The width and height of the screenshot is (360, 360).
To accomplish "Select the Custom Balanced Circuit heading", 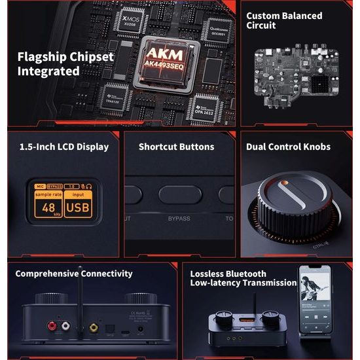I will pos(284,20).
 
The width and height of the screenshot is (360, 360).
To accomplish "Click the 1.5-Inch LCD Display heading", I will pos(64,147).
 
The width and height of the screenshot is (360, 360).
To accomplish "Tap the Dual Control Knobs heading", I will pos(288,147).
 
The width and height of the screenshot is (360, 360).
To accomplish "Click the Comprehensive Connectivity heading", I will pos(73,274).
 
